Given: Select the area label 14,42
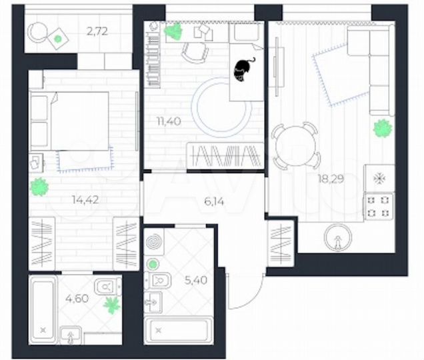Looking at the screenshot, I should (x=84, y=197).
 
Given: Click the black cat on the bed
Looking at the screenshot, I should (x=243, y=68).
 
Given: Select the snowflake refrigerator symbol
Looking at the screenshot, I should (x=379, y=179).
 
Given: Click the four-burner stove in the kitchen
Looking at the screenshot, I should (x=379, y=205).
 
